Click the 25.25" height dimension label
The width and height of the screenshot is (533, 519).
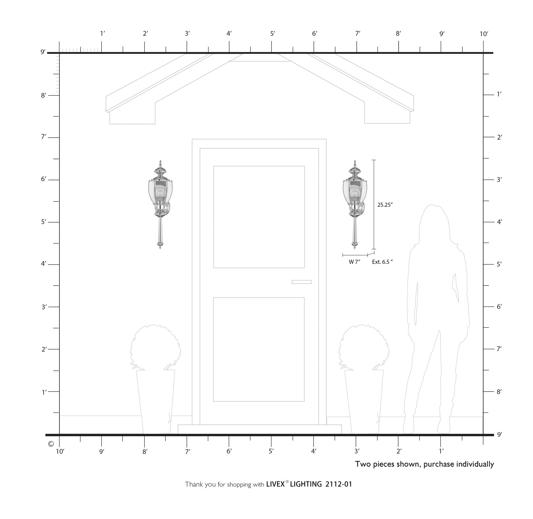[x=385, y=205]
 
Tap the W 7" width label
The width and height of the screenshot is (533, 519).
[x=355, y=262]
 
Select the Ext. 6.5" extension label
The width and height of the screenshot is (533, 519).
[x=382, y=262]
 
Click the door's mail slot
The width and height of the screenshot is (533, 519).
[x=301, y=282]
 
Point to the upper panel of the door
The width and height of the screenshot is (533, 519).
[x=259, y=217]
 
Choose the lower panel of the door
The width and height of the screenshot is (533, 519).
[x=259, y=350]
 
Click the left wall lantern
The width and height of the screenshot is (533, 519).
[x=160, y=204]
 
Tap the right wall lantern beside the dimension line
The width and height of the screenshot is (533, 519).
[x=355, y=204]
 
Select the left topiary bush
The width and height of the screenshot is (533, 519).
[x=155, y=347]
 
